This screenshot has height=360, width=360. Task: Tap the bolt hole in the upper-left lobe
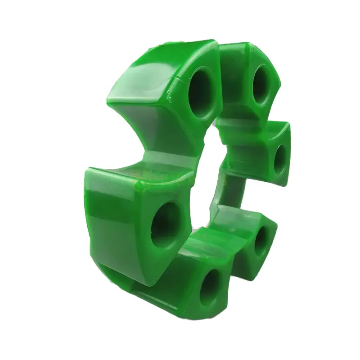(202, 93)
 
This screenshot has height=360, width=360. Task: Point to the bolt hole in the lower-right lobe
(261, 240)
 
